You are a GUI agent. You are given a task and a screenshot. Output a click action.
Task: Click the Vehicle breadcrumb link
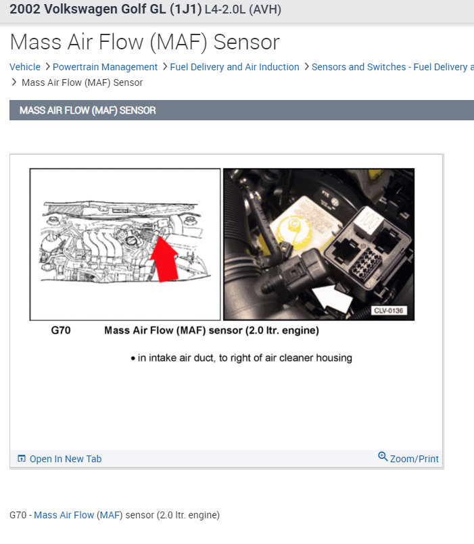(25, 67)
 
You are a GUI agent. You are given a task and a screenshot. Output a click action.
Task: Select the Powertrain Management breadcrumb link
(105, 67)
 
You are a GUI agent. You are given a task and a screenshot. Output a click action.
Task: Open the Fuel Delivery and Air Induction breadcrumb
(235, 67)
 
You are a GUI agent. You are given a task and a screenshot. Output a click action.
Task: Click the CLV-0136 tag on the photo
(389, 311)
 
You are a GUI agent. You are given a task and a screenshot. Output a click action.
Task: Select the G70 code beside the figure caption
(61, 330)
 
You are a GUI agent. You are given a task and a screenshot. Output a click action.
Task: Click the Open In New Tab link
(66, 459)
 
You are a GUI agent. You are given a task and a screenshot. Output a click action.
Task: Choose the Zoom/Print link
(414, 459)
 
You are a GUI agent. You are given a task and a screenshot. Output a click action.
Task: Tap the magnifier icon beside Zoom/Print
(383, 457)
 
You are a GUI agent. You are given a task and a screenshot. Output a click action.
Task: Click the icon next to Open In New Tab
(22, 459)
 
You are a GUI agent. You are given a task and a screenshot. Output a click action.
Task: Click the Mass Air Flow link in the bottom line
(64, 515)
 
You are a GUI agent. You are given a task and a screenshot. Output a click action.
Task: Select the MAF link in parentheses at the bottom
(109, 515)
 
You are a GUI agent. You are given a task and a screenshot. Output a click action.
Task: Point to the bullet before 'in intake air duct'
(133, 358)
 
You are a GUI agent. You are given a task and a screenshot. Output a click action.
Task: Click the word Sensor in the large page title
(247, 42)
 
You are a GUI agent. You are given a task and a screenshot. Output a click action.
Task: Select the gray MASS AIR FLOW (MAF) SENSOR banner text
(88, 110)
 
